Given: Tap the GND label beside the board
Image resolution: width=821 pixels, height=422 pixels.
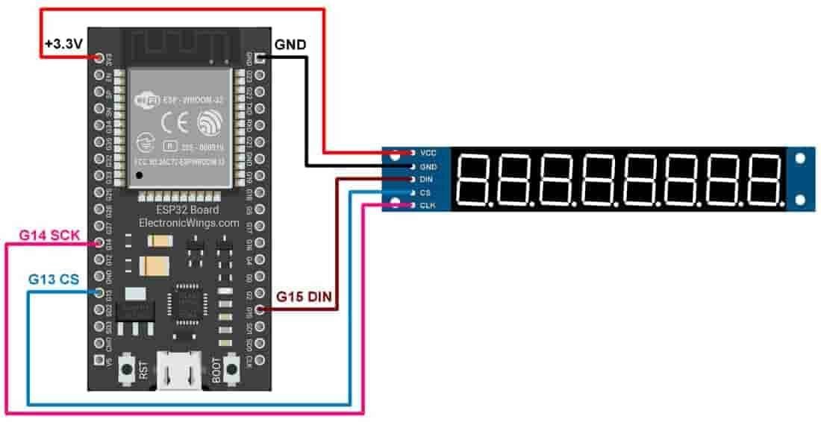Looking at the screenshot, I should (x=290, y=45).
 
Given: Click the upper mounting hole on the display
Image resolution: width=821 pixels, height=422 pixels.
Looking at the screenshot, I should (x=801, y=158).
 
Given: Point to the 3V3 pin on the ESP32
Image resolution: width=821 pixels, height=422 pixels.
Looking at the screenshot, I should (x=99, y=57).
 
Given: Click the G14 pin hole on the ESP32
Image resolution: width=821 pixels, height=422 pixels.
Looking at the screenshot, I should (x=99, y=242).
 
